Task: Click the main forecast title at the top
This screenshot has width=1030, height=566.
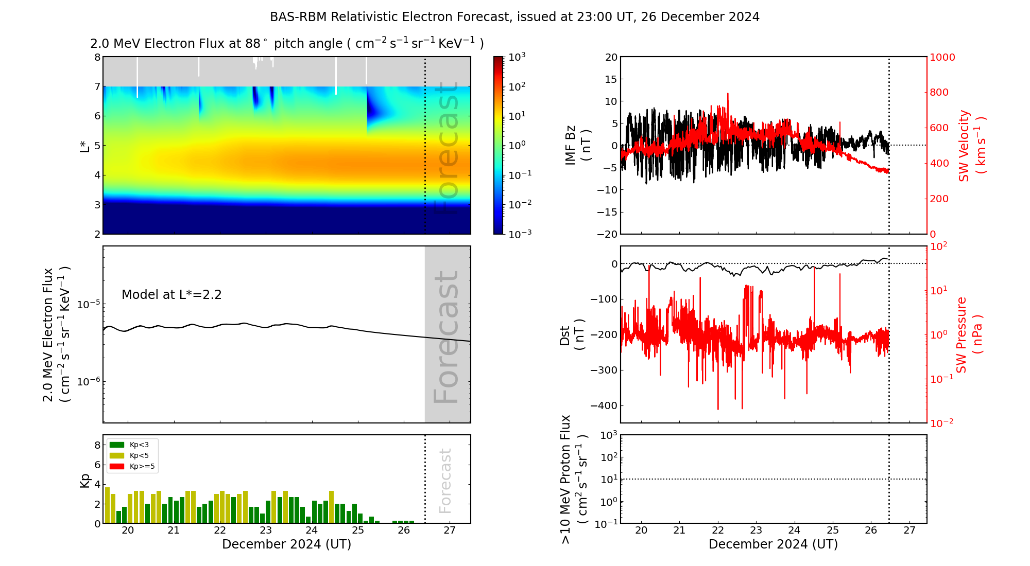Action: tap(514, 17)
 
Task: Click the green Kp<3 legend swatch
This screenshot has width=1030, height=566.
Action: tap(117, 445)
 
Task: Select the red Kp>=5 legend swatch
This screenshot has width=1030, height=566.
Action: tap(117, 467)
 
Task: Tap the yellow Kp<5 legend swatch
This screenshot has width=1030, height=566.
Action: tap(117, 455)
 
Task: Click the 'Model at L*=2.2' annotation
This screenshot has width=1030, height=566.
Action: tap(171, 295)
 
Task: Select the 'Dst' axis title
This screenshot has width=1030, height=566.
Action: tap(572, 335)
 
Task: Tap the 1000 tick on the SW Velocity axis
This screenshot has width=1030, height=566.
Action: tap(942, 57)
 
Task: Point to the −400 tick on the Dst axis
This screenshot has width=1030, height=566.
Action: tap(604, 405)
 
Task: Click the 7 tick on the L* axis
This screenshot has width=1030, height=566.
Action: tap(97, 86)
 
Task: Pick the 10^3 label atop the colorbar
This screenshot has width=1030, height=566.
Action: tap(517, 57)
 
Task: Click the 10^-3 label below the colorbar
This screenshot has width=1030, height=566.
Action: tap(520, 234)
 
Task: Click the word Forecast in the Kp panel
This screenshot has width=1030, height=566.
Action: tap(445, 481)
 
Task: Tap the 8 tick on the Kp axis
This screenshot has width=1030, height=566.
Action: tap(97, 446)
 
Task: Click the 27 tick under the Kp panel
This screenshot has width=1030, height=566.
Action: tap(450, 530)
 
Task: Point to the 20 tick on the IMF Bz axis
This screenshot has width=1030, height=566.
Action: tap(611, 57)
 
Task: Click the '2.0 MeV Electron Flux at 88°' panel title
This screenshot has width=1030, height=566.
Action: tap(287, 44)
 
